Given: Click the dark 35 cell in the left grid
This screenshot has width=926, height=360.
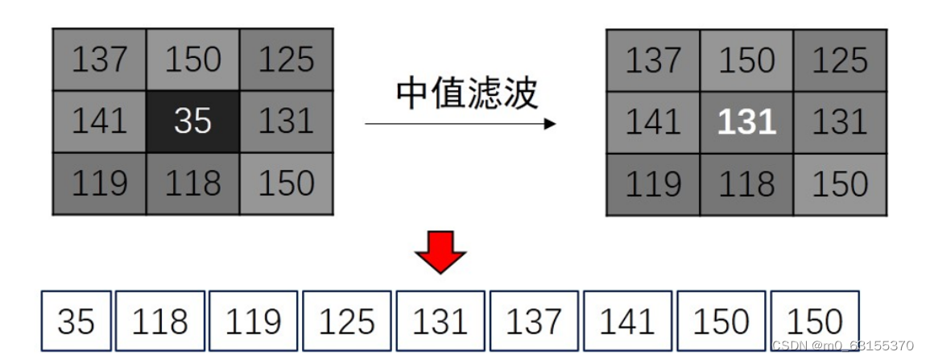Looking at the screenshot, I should click(x=192, y=122).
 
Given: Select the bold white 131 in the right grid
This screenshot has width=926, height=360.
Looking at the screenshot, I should click(x=746, y=122).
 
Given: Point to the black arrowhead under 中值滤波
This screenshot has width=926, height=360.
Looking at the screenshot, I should click(x=550, y=124).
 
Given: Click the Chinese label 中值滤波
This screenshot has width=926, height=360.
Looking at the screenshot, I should click(x=466, y=94).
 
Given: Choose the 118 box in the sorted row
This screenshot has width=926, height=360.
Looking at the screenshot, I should click(x=159, y=322).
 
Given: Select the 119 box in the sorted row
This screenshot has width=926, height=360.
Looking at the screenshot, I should click(x=253, y=322).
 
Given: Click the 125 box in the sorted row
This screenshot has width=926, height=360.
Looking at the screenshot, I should click(x=346, y=322).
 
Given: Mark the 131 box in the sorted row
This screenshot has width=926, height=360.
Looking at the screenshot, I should click(x=440, y=322).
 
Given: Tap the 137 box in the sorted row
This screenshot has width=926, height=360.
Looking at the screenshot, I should click(x=534, y=322).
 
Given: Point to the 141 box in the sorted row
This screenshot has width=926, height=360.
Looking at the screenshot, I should click(x=627, y=322).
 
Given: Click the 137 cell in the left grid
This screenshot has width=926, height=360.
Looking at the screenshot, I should click(x=99, y=60).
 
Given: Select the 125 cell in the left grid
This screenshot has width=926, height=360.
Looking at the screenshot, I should click(x=287, y=60).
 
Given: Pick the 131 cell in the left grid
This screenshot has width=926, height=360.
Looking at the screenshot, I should click(x=287, y=122).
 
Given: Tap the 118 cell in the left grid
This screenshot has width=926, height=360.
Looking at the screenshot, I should click(x=192, y=184).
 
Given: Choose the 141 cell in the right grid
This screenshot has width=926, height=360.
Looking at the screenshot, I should click(x=653, y=122).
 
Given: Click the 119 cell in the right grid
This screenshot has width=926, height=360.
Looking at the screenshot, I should click(x=653, y=184).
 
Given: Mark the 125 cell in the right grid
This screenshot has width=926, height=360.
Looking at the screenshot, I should click(x=840, y=60).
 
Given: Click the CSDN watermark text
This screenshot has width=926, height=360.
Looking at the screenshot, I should click(x=842, y=346).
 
